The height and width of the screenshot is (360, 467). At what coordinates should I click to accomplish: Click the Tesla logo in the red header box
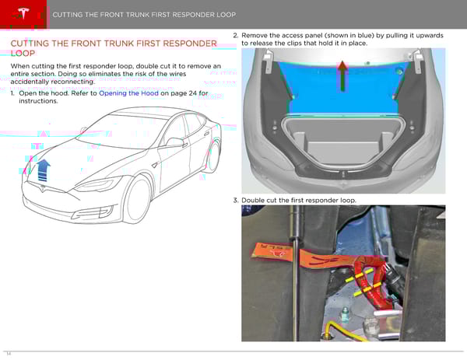coord(23,13)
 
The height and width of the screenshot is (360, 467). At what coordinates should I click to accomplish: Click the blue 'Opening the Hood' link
coord(128,93)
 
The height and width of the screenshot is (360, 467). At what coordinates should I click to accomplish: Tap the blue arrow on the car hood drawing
coord(44,170)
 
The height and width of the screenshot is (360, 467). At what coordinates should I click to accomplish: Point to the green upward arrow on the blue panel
coord(342,76)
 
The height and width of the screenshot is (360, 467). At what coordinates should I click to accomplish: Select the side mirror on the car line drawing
coord(176,142)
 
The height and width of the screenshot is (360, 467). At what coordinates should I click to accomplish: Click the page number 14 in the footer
coord(9,354)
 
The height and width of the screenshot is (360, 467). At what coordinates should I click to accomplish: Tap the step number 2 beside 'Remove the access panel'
coord(235,36)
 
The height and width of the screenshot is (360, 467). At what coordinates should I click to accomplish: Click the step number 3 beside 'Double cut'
coord(235,201)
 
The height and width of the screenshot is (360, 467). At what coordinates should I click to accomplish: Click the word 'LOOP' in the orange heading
coord(23,54)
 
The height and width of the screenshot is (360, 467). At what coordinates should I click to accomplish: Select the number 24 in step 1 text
coord(193,93)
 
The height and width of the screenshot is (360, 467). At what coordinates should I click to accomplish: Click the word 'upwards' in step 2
coord(430,36)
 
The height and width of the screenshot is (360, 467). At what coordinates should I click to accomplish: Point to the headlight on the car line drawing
coord(98,184)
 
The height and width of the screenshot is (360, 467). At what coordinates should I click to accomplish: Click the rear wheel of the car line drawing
coord(214,156)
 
